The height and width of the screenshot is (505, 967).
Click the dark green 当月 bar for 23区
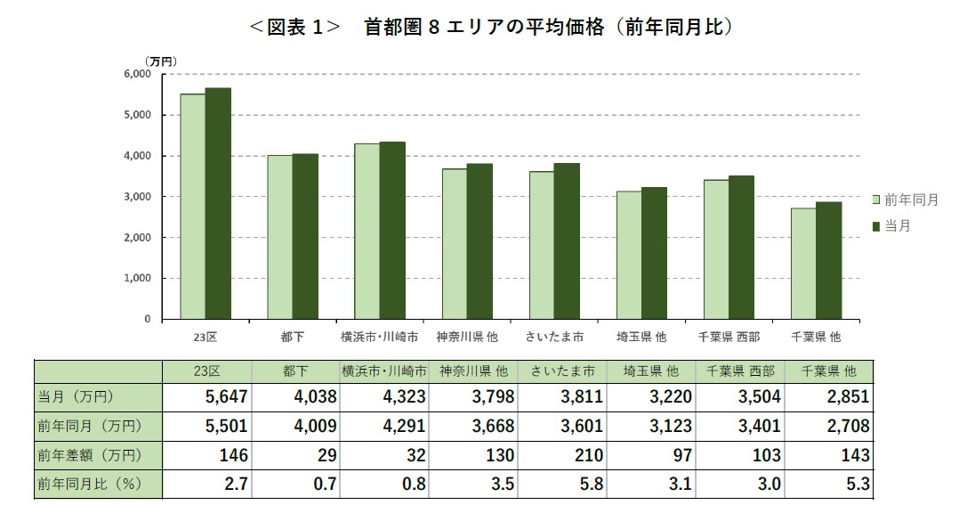(x=218, y=203)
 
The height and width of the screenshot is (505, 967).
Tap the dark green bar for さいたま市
(x=567, y=240)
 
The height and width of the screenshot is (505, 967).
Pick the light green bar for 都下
(x=280, y=237)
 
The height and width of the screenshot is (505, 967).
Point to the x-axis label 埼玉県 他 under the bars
(x=641, y=338)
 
